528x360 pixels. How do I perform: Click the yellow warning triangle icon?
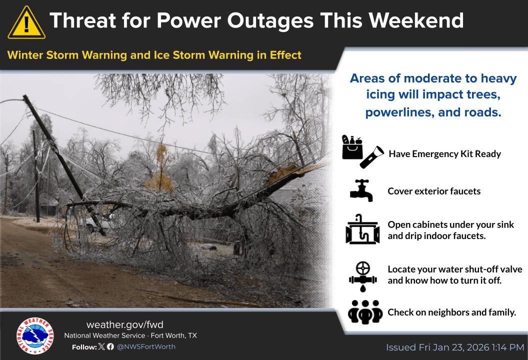(x=26, y=23)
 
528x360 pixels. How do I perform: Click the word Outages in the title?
(x=270, y=20)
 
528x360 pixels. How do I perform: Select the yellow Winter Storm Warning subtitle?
(x=154, y=55)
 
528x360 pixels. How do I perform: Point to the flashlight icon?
(x=371, y=157)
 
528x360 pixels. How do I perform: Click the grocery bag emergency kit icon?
(x=352, y=147)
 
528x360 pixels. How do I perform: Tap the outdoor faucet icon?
(x=361, y=190)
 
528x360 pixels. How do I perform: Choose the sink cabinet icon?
(x=362, y=229)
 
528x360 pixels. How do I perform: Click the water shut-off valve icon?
(x=362, y=276)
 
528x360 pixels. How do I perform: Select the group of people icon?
(x=365, y=312)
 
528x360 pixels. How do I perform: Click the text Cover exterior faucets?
(x=434, y=191)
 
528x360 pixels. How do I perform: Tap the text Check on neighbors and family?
(x=451, y=312)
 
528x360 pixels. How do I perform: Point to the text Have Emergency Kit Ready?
(x=445, y=154)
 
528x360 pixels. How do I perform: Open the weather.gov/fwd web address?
(x=125, y=324)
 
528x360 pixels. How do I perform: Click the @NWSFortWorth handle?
(x=146, y=346)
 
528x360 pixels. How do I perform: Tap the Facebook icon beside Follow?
(x=110, y=346)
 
